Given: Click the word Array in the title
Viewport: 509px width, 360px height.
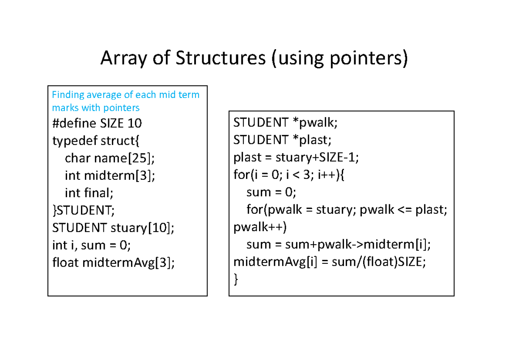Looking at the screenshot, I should click(x=119, y=59).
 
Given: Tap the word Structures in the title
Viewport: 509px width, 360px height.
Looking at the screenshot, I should click(x=220, y=59).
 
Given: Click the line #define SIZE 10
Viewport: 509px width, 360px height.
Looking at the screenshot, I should click(x=97, y=123).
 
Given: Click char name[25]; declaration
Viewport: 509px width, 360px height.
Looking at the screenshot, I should click(x=110, y=158).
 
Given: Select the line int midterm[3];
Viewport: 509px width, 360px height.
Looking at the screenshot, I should click(x=110, y=176).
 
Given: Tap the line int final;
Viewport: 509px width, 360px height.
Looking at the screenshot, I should click(x=89, y=193).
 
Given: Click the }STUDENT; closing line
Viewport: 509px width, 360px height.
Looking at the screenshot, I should click(x=84, y=210).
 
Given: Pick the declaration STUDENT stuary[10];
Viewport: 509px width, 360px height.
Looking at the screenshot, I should click(x=113, y=228).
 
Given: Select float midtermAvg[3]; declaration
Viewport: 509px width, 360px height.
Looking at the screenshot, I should click(x=113, y=262).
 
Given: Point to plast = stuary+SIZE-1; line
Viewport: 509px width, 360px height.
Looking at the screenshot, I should click(x=296, y=157).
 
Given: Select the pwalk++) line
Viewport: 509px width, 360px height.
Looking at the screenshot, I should click(x=260, y=227).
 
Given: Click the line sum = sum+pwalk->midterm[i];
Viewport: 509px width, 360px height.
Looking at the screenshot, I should click(x=338, y=244).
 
